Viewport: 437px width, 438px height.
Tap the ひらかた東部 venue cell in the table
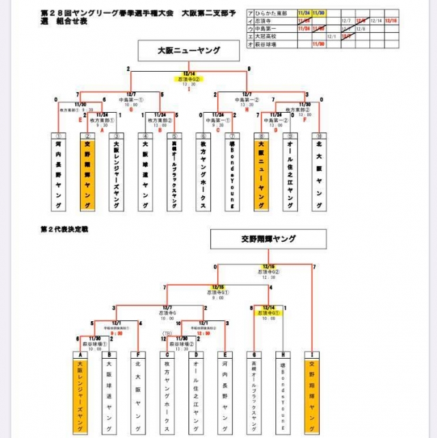262,14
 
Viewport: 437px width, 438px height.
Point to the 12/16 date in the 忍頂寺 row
391,21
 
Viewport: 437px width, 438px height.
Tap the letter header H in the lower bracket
281,355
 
